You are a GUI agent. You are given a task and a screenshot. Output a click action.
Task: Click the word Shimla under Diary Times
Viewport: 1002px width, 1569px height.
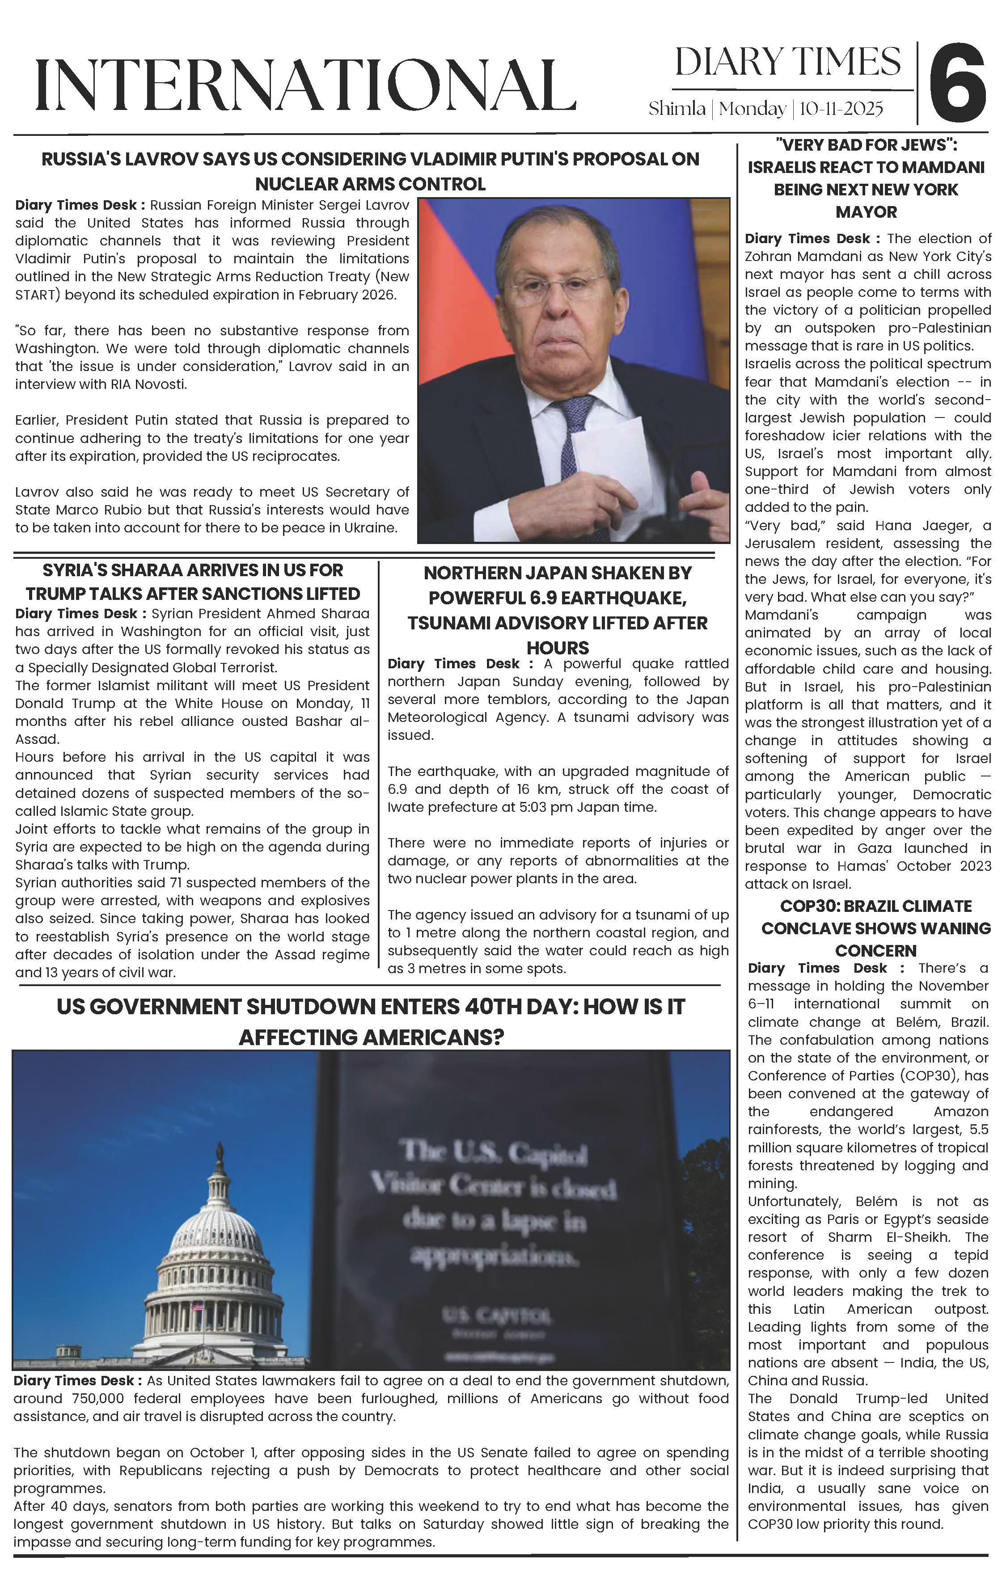(x=676, y=108)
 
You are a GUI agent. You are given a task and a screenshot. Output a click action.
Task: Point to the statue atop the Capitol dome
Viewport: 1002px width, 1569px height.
(x=220, y=1156)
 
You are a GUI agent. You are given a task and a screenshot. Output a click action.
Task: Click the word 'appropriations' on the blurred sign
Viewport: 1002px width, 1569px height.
(x=494, y=1255)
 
